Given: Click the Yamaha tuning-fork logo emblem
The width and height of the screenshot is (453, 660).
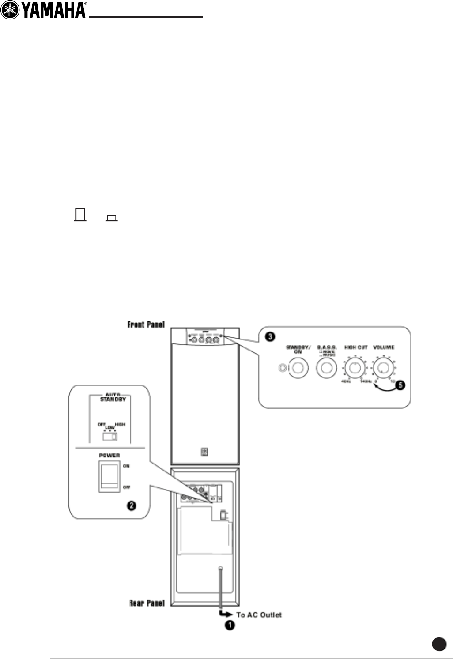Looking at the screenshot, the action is pos(10,10).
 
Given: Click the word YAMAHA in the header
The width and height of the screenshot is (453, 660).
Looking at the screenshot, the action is pos(53,10).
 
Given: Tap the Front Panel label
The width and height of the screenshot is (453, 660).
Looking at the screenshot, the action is pos(146,325).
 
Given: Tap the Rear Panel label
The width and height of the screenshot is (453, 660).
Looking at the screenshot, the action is pos(147,603).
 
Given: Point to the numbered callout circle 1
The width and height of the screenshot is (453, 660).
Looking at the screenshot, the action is pos(230,625).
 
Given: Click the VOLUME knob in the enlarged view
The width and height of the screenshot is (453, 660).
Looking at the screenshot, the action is pos(384,367).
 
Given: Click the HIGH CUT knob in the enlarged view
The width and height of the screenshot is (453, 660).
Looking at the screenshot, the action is pos(354,367).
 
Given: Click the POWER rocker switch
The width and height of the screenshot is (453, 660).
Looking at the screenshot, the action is pos(109,477).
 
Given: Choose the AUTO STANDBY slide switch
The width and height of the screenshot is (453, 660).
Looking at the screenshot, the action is pos(110,436).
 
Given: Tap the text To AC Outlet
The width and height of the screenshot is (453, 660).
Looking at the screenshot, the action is pos(259,615).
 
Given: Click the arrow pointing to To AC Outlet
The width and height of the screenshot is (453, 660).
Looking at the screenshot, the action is pos(226,615).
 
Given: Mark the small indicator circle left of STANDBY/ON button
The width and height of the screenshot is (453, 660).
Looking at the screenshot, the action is pos(282,368).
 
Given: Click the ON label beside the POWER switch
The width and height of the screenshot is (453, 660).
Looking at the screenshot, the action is pos(126,466).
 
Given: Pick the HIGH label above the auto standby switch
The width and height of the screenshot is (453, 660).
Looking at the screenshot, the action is pos(120,424).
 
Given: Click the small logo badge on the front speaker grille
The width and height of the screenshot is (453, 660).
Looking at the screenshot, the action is pos(204,452).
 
